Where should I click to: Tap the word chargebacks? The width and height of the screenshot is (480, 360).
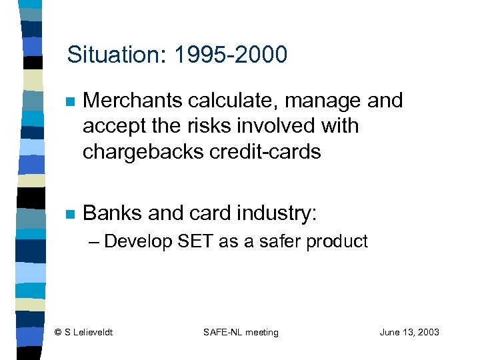tap(141, 151)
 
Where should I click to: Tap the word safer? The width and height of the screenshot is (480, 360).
tap(281, 241)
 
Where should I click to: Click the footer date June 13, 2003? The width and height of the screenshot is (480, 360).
tap(409, 333)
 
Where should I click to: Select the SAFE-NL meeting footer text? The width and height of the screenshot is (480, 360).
tap(241, 333)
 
